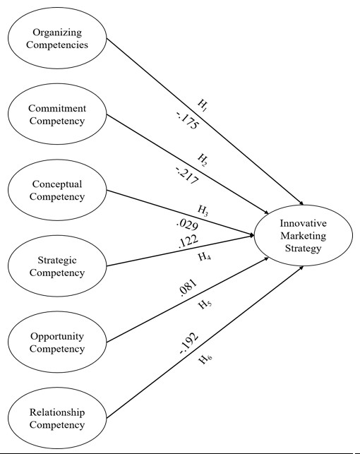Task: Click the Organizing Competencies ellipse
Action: click(x=57, y=38)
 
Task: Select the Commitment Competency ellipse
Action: click(x=57, y=114)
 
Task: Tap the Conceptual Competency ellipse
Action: click(x=57, y=190)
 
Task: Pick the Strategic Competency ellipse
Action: click(x=57, y=266)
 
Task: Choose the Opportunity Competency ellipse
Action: click(x=57, y=342)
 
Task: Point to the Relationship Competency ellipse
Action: click(x=57, y=418)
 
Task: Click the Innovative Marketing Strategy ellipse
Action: click(x=304, y=235)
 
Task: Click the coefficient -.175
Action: click(x=187, y=121)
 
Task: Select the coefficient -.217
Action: click(x=187, y=176)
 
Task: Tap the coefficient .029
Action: click(x=187, y=224)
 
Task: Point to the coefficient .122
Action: click(x=188, y=241)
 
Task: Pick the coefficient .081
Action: click(x=188, y=288)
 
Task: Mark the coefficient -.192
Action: click(x=189, y=343)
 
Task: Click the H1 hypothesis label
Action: click(x=203, y=105)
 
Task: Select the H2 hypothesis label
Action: click(x=203, y=160)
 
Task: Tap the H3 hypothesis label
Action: click(x=203, y=210)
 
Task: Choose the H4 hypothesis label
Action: click(x=205, y=257)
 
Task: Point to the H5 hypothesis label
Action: click(x=205, y=304)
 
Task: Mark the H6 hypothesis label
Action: click(x=205, y=359)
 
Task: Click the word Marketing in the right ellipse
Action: click(x=304, y=237)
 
